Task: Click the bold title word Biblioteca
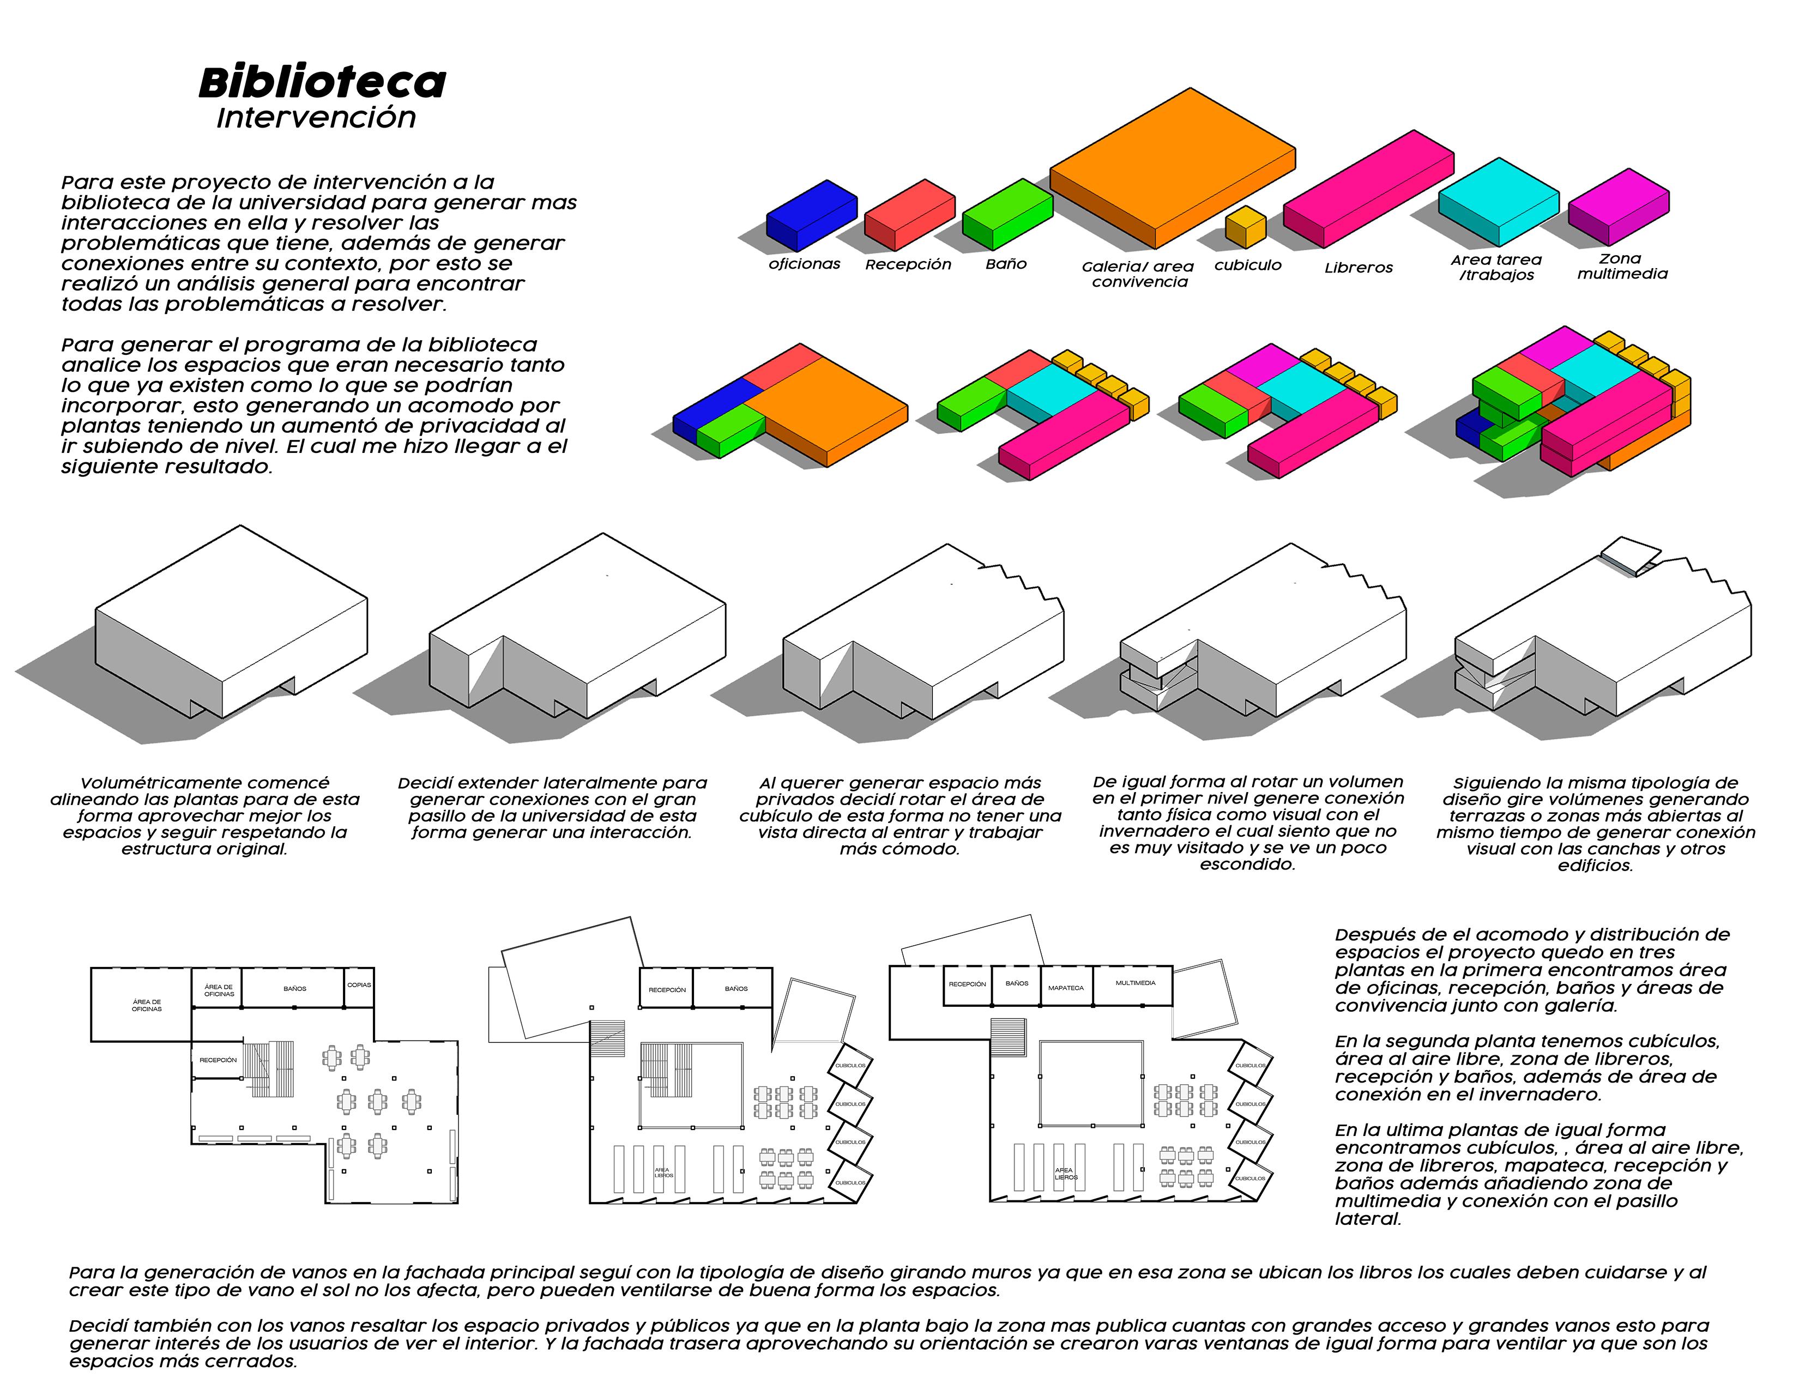(322, 82)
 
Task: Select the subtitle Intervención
(316, 118)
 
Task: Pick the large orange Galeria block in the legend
(1170, 169)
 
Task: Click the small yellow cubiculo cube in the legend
(1244, 227)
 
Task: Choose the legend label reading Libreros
(1359, 268)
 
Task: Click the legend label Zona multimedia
(1622, 267)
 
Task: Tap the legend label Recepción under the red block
(908, 264)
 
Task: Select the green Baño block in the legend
(1006, 214)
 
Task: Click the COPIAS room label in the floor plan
(359, 985)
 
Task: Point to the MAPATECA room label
(1066, 987)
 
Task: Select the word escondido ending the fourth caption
(1247, 865)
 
